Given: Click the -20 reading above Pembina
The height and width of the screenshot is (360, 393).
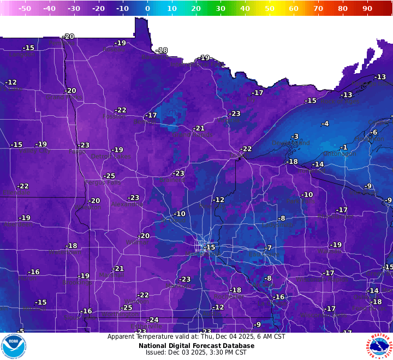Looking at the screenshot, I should point(68,37).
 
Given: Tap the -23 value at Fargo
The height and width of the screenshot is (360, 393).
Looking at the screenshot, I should point(84,145).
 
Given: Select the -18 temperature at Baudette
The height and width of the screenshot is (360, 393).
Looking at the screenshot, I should point(162,50).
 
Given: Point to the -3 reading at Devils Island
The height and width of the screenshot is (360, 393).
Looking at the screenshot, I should point(295,137).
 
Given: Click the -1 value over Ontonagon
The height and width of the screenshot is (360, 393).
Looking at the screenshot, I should point(343,147).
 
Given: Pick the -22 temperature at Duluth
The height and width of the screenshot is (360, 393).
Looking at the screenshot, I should point(246,149).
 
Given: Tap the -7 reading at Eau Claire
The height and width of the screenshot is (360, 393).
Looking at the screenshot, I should point(268,248).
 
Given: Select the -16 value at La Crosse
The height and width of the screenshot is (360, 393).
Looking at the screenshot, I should point(279,297).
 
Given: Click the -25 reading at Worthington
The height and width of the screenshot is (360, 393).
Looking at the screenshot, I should point(127,308).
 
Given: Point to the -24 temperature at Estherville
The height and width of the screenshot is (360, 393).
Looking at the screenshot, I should point(153,320).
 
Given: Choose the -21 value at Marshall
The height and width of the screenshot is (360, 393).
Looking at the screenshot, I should point(118,268).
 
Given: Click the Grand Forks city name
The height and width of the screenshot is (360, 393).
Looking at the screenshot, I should point(63,97).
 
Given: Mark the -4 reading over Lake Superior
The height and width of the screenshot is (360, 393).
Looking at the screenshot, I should point(325,124).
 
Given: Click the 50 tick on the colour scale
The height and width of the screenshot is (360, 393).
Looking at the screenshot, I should point(269,9).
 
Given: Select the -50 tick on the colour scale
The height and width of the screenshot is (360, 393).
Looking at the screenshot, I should point(25,9).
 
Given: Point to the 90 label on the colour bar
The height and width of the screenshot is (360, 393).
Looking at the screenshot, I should point(367,9).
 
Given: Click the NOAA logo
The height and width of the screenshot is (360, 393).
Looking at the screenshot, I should point(14,346).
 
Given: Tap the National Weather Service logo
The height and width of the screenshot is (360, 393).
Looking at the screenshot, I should point(380,346).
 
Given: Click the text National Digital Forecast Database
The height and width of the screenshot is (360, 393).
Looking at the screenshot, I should point(196,345).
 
